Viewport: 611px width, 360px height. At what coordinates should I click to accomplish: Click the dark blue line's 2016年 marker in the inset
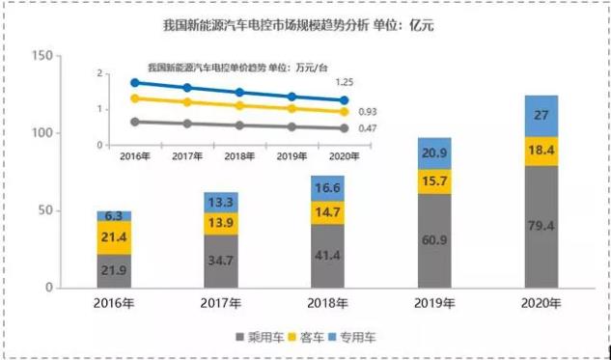click(136, 83)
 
